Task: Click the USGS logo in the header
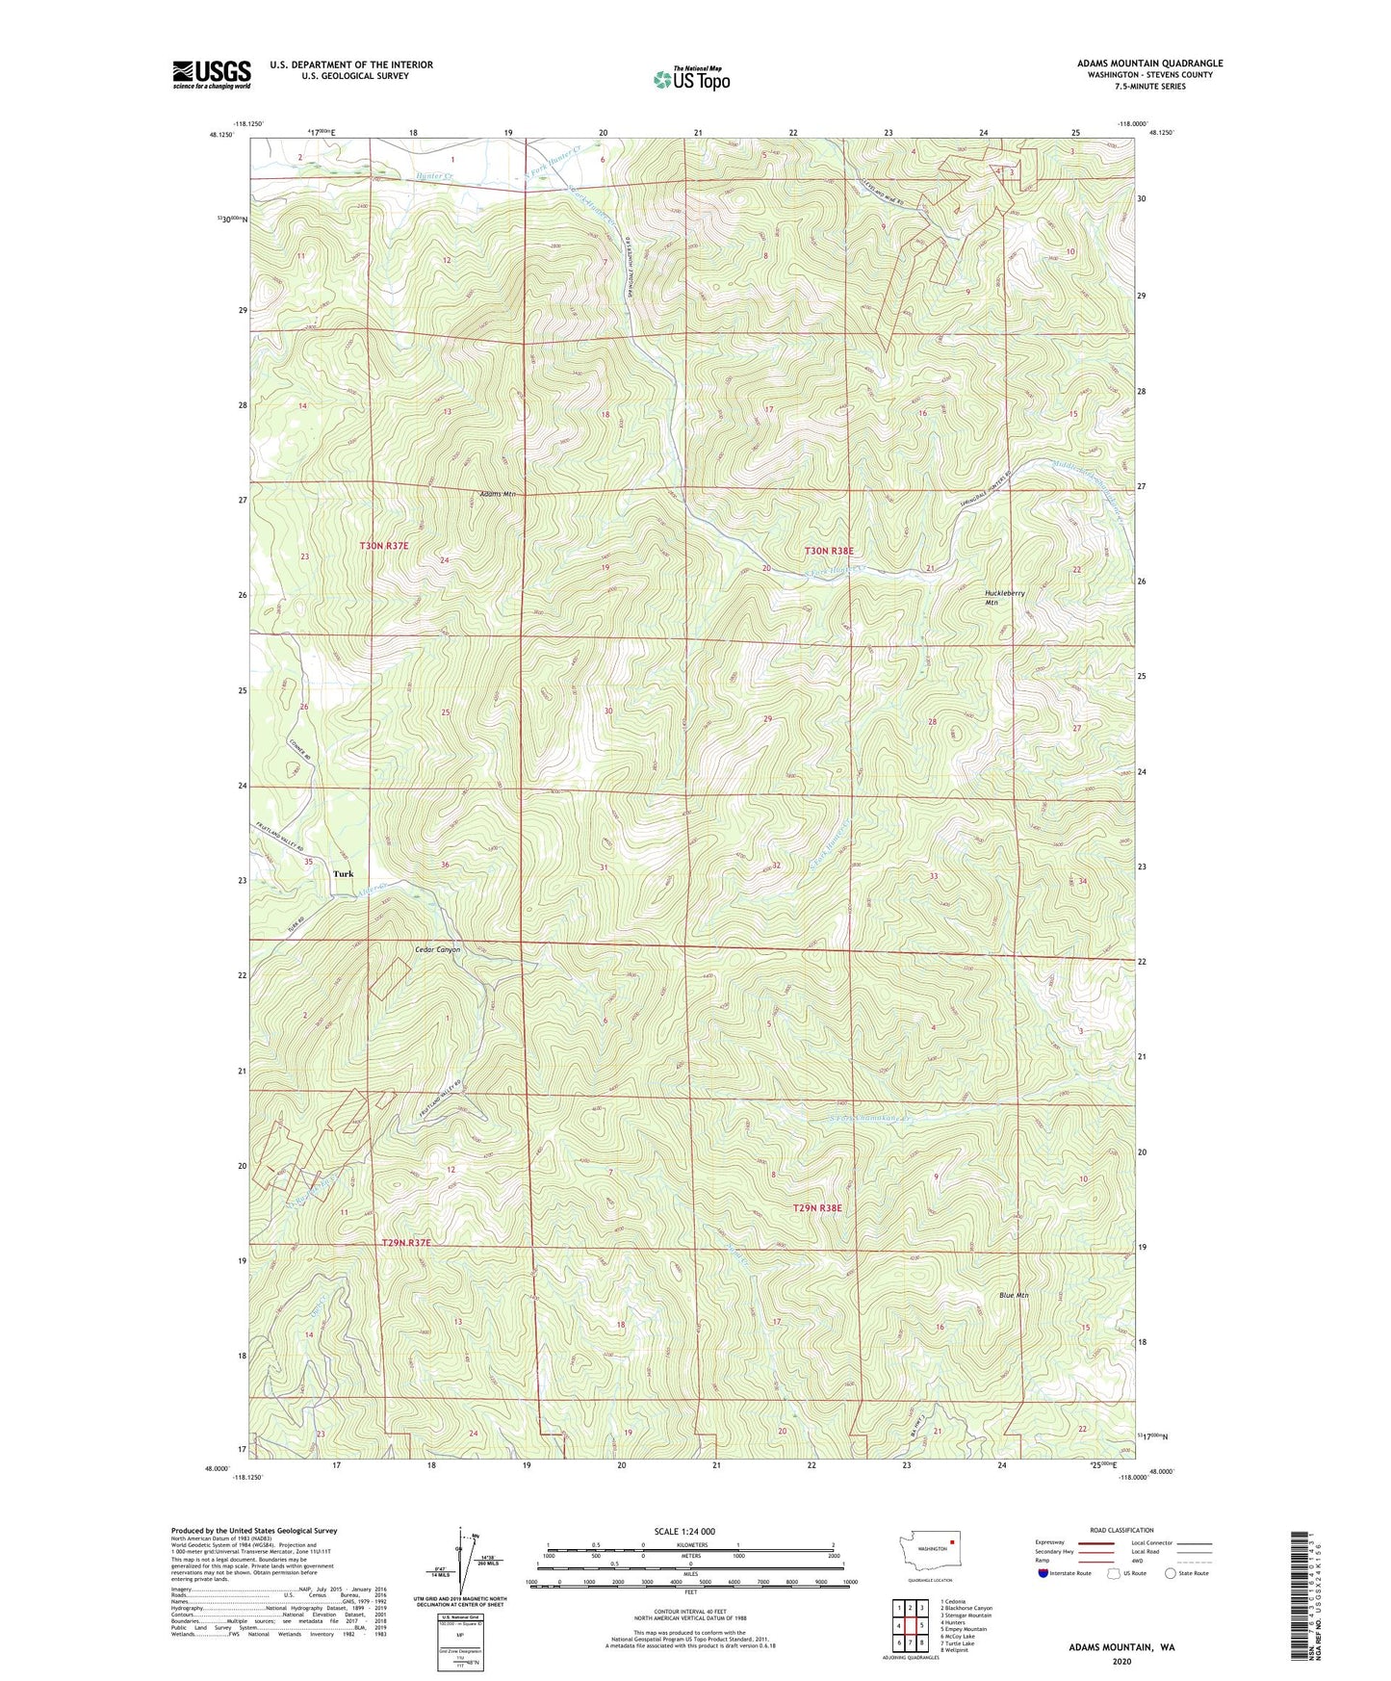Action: point(211,74)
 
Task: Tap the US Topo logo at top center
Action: point(691,79)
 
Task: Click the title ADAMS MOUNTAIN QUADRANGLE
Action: point(1149,64)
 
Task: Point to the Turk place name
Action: point(343,874)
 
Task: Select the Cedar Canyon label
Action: point(437,949)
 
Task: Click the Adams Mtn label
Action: point(498,494)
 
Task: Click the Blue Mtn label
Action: point(1014,1295)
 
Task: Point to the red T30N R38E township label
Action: point(829,551)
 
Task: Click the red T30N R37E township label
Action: point(384,546)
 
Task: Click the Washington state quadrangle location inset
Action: point(932,1549)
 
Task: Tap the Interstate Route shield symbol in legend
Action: point(1043,1573)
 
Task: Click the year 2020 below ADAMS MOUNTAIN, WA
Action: point(1121,1660)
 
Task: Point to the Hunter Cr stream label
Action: point(434,177)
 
